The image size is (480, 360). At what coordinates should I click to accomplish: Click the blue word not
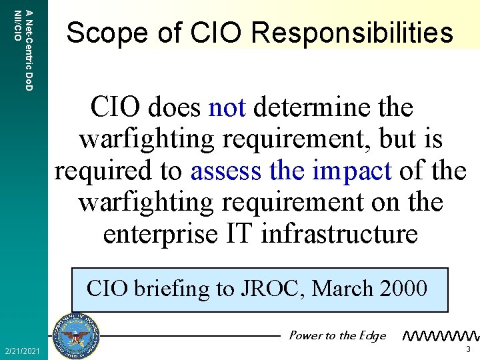(x=227, y=107)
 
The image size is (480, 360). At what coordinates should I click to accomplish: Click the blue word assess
(x=227, y=171)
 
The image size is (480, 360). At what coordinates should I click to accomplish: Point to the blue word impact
(x=351, y=172)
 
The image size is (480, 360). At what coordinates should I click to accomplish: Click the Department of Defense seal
(x=76, y=335)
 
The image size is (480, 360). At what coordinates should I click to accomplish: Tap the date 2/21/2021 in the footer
(x=21, y=351)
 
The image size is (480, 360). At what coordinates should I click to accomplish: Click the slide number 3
(x=469, y=349)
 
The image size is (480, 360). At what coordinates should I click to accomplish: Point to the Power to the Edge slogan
(x=337, y=335)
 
